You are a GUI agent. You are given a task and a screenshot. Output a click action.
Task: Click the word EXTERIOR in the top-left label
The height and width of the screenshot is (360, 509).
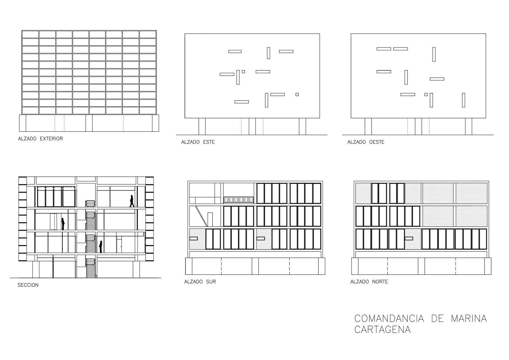click(x=52, y=139)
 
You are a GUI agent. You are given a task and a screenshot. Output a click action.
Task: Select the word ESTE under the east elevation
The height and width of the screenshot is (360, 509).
click(x=209, y=142)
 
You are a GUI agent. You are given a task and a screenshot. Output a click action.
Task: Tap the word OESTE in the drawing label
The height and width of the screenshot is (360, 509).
click(x=377, y=142)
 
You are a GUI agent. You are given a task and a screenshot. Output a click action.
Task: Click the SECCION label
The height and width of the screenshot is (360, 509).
click(x=28, y=285)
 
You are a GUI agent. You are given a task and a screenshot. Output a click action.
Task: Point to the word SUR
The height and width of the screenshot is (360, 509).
click(x=211, y=282)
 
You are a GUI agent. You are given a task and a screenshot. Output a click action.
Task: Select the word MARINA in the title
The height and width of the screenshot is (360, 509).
click(x=469, y=319)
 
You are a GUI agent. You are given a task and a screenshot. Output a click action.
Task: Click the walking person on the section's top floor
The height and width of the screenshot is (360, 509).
click(x=132, y=201)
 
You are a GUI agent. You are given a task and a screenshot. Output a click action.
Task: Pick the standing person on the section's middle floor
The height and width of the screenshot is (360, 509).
click(x=63, y=224)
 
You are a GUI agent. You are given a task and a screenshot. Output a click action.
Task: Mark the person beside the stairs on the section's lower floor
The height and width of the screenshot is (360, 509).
click(x=101, y=247)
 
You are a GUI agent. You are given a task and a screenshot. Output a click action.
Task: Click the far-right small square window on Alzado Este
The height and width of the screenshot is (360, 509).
click(x=297, y=94)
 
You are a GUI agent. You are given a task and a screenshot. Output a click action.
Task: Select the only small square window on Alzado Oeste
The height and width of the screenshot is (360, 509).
click(x=426, y=94)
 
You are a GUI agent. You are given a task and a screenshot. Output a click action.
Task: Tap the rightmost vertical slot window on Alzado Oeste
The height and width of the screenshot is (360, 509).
click(x=464, y=100)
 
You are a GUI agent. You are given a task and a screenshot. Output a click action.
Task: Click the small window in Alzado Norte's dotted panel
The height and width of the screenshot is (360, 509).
click(x=409, y=238)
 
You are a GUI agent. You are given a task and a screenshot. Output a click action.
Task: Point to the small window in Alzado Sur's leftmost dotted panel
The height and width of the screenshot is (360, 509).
click(x=193, y=238)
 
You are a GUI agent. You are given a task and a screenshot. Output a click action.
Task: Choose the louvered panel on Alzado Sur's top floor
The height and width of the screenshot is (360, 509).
click(x=239, y=200)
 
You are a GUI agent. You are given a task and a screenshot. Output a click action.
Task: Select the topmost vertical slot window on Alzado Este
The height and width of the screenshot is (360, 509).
click(x=268, y=53)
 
